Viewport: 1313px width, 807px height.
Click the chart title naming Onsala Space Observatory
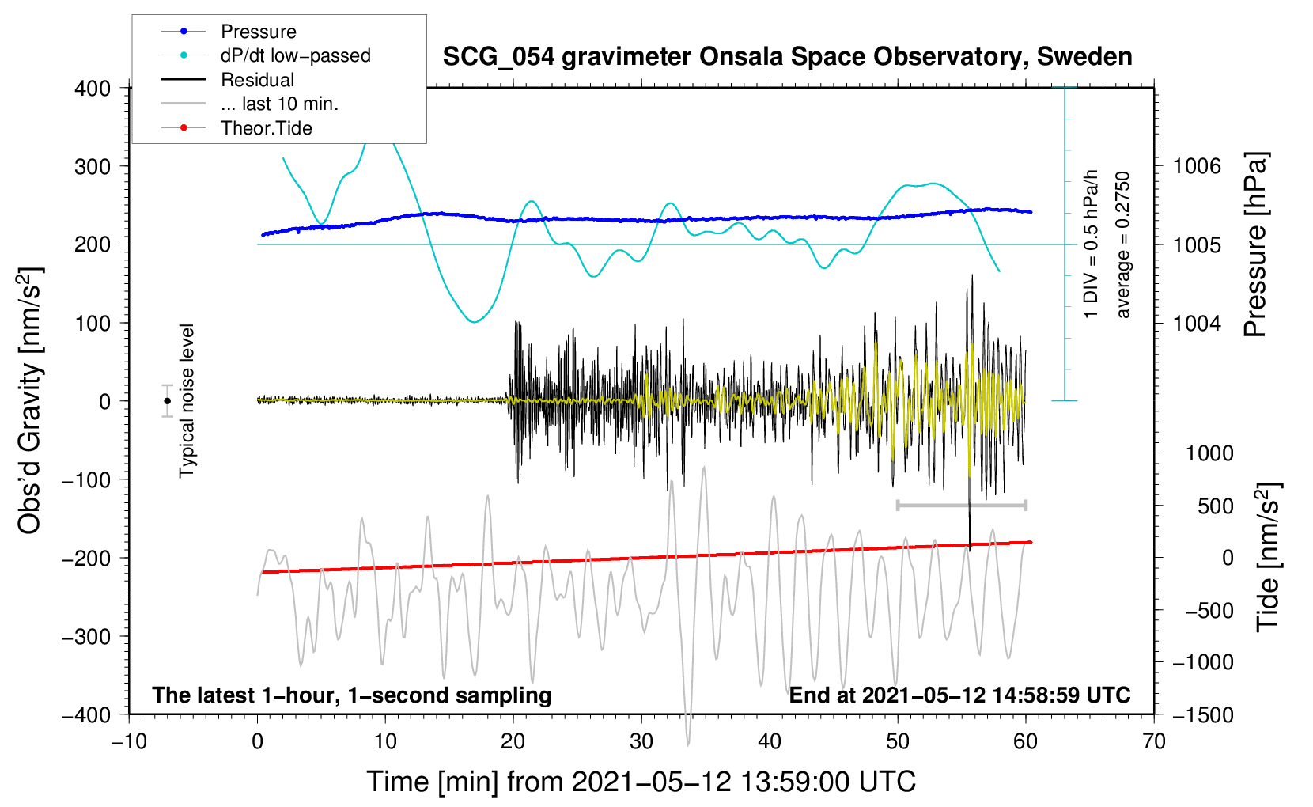point(787,57)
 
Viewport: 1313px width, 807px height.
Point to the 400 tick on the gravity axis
point(93,89)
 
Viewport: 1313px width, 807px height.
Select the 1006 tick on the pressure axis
point(1197,166)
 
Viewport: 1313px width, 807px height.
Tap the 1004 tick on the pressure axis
point(1197,323)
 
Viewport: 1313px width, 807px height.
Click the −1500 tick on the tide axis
point(1202,714)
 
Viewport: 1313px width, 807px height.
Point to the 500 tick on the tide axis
point(1215,506)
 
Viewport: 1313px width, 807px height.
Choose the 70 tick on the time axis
point(1154,741)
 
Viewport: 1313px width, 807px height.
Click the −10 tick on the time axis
point(129,741)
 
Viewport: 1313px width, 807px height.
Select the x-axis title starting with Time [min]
point(641,782)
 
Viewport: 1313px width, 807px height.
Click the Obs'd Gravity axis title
point(30,401)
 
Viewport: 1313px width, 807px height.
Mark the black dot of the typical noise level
point(168,401)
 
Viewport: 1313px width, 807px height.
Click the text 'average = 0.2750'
point(1123,244)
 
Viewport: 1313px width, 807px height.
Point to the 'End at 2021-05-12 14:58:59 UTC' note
point(959,695)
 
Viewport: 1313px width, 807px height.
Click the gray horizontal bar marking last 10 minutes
point(961,505)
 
